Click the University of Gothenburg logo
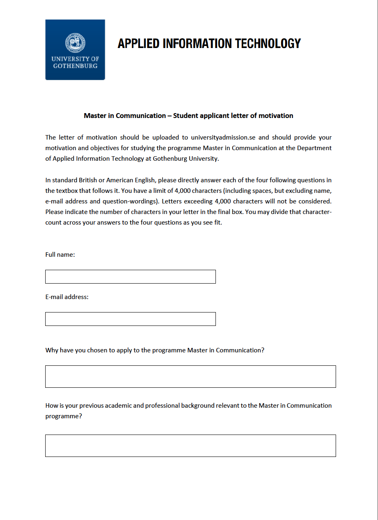pyautogui.click(x=75, y=50)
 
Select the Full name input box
pyautogui.click(x=130, y=277)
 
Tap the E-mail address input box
pyautogui.click(x=130, y=319)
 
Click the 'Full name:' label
pyautogui.click(x=60, y=255)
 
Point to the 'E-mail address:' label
pyautogui.click(x=67, y=297)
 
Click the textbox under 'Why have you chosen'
pyautogui.click(x=190, y=376)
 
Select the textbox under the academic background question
pyautogui.click(x=190, y=446)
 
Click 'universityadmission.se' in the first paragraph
pyautogui.click(x=223, y=138)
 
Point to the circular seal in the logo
pyautogui.click(x=75, y=42)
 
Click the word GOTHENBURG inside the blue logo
pyautogui.click(x=75, y=66)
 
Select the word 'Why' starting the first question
pyautogui.click(x=52, y=350)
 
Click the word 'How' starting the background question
pyautogui.click(x=52, y=406)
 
